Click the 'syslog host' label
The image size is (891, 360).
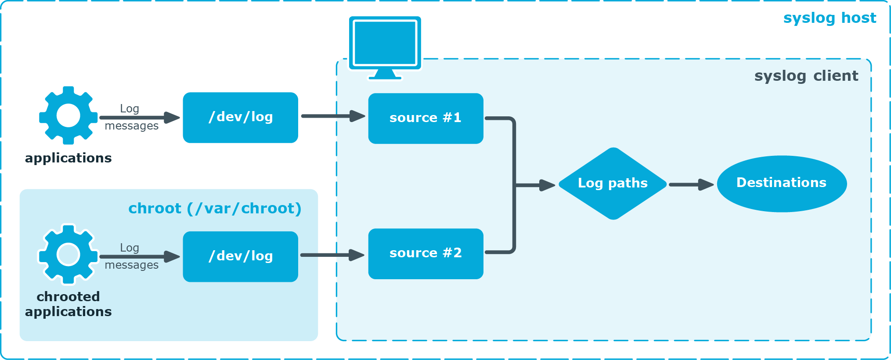click(829, 18)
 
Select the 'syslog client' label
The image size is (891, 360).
click(806, 76)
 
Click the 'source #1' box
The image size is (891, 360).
click(426, 118)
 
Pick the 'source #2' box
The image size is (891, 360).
click(426, 253)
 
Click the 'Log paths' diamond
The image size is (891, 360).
click(613, 184)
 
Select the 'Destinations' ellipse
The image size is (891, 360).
click(781, 184)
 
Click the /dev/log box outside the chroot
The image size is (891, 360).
click(240, 117)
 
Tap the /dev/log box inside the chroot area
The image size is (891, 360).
click(240, 256)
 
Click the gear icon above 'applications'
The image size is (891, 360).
click(68, 115)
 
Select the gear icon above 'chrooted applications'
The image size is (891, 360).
click(68, 254)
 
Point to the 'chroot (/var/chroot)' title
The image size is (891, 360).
click(215, 208)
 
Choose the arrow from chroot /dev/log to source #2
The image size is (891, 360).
click(332, 255)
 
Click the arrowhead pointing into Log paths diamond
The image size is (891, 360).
click(547, 185)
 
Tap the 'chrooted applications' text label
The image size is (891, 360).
click(68, 304)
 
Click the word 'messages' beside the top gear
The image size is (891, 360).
click(131, 126)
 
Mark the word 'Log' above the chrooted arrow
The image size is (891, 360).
click(130, 248)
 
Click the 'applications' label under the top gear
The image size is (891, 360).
click(68, 158)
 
